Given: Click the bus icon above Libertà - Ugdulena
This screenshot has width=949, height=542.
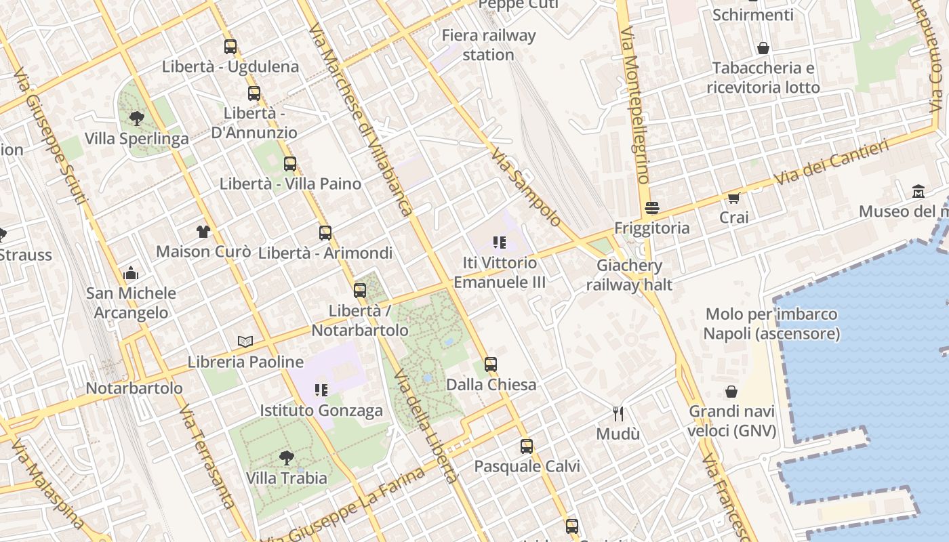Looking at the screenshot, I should (230, 47).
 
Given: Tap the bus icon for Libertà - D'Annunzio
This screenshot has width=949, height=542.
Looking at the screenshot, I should (254, 93).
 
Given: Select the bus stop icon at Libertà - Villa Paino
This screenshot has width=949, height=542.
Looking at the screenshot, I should (290, 164).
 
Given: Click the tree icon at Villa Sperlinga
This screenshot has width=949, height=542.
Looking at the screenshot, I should (137, 119).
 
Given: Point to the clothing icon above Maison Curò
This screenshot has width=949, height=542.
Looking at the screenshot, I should (203, 232).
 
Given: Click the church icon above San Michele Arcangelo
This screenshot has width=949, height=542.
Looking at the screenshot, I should (131, 274).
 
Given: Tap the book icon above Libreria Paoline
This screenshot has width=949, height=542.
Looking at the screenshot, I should (245, 342).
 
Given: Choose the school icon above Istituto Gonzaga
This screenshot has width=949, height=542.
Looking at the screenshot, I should (321, 390).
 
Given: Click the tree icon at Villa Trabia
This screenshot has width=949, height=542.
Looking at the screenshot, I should (286, 458).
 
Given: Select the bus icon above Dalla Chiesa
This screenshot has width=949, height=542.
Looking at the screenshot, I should (491, 364).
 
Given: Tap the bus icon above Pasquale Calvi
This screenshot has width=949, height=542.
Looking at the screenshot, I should (527, 446).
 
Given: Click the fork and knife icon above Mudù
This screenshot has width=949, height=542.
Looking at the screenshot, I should (618, 413).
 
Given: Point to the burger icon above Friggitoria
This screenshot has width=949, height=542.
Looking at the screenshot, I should (652, 208).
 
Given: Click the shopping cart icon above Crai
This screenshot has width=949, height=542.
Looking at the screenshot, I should (733, 198).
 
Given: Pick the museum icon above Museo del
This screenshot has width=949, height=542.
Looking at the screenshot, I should (918, 192).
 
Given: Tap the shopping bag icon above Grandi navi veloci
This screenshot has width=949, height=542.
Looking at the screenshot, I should (731, 392).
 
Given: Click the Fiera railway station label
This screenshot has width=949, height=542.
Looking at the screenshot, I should (488, 45).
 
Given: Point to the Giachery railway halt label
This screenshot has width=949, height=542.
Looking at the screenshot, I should (629, 274).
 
